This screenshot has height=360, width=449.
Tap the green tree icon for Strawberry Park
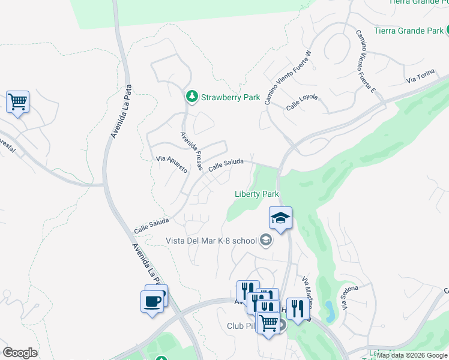pos(191,97)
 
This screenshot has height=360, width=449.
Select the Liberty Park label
pos(256,194)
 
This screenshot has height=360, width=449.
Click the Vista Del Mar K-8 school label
pos(211,241)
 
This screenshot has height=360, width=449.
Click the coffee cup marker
pos(152,300)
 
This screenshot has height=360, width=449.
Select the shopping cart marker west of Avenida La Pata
pos(18,102)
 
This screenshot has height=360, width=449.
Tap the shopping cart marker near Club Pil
pos(268,323)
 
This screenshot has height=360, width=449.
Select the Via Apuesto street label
pos(172,164)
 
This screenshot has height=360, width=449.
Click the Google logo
pos(20,353)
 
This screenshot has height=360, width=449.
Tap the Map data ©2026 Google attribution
pos(411,355)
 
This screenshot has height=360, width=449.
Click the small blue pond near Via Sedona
pos(330,310)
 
